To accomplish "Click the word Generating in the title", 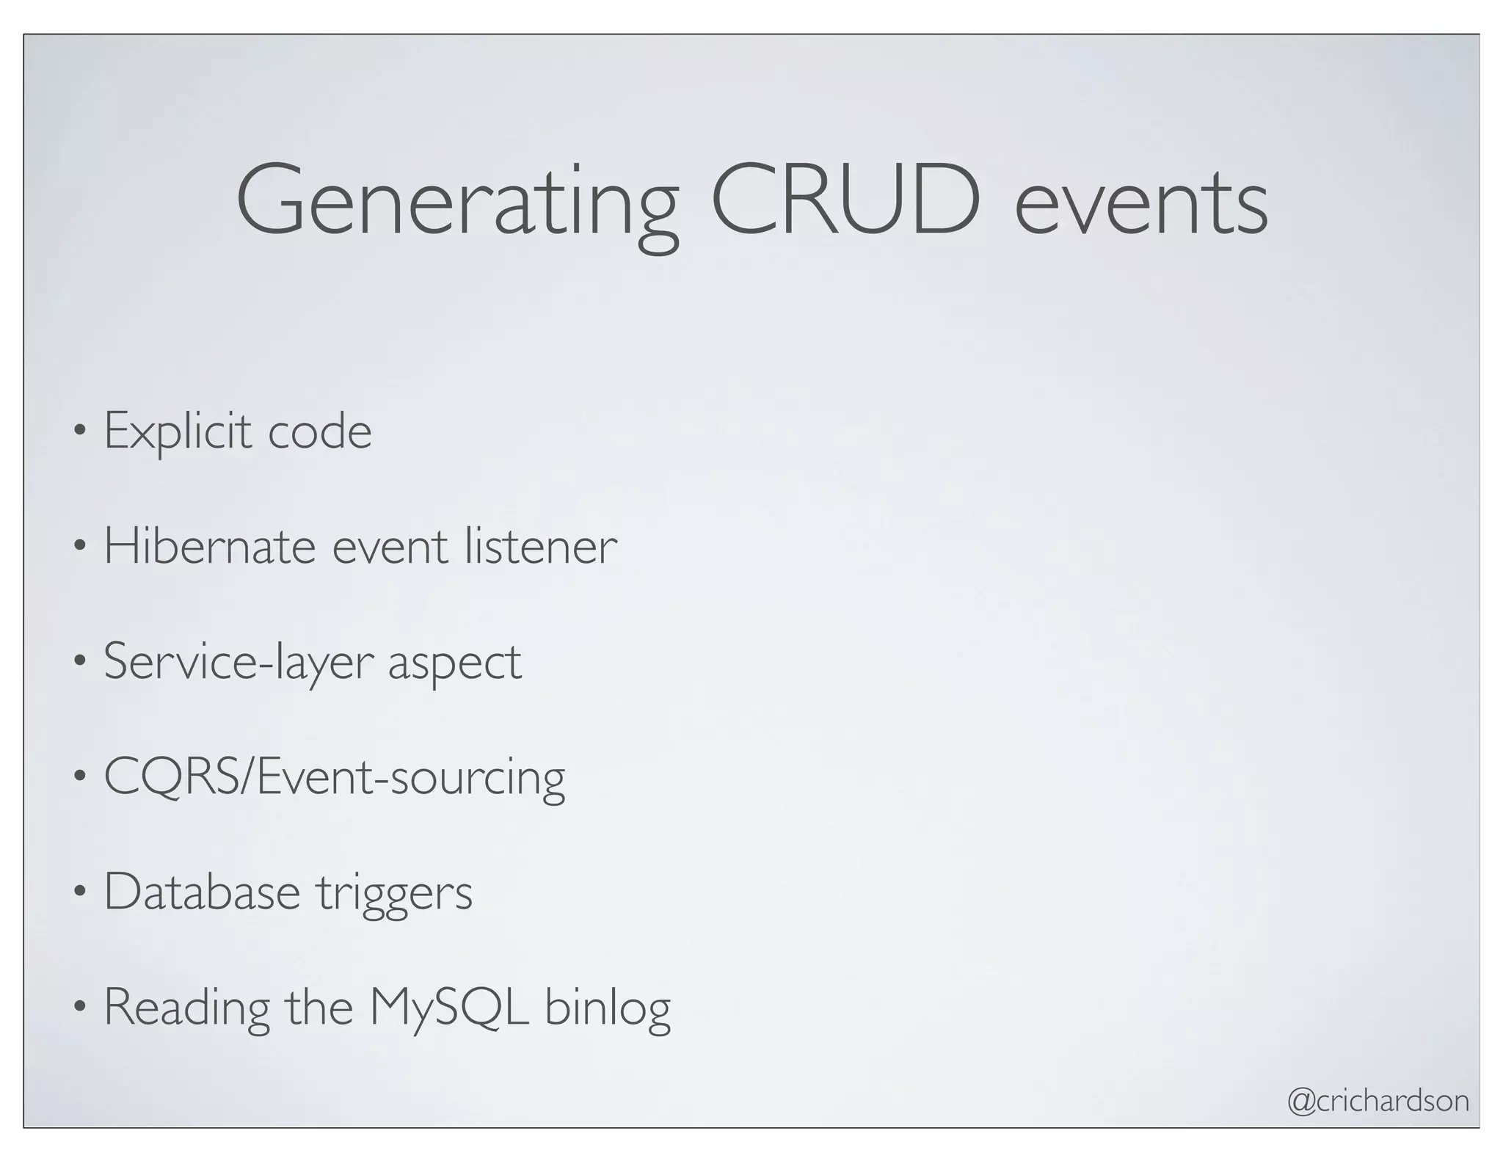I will tap(456, 202).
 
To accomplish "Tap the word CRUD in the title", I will tap(845, 200).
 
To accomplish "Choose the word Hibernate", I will tap(209, 546).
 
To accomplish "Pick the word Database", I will tap(202, 892).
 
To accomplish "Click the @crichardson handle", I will tap(1378, 1101).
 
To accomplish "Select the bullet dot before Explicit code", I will tap(79, 433).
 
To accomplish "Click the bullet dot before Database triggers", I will tap(79, 893).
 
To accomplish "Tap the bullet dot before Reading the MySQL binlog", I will tap(79, 1008).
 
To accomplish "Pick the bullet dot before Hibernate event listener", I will tap(79, 547).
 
